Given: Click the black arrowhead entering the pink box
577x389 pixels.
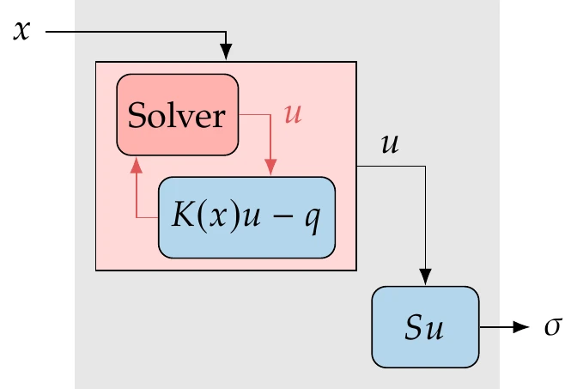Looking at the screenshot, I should pyautogui.click(x=226, y=53).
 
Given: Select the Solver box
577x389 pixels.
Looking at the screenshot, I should pyautogui.click(x=179, y=115).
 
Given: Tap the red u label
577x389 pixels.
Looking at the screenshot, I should pyautogui.click(x=293, y=114).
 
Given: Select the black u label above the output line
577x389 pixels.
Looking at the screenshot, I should pyautogui.click(x=389, y=144).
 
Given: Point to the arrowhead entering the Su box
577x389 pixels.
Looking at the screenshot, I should pyautogui.click(x=424, y=277).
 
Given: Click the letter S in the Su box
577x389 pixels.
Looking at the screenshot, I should pyautogui.click(x=413, y=328).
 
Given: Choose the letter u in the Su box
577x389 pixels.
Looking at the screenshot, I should pyautogui.click(x=433, y=329).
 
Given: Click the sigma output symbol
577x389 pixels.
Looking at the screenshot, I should pyautogui.click(x=552, y=329).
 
